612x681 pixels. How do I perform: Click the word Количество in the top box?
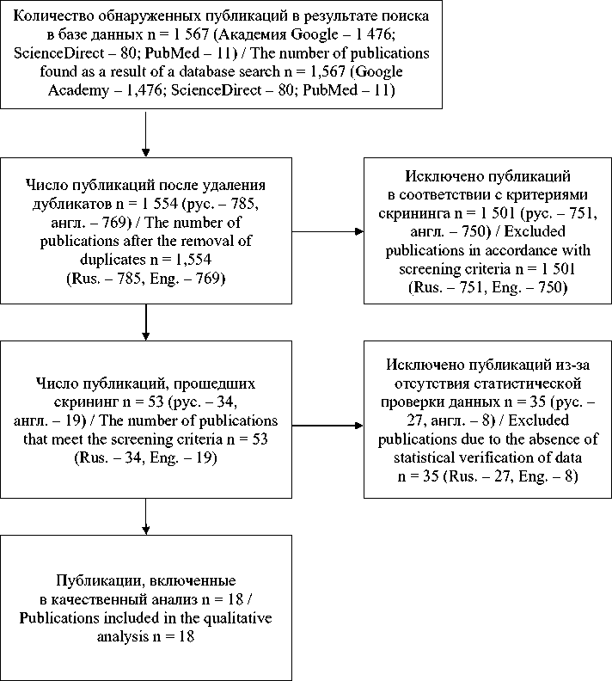click(x=56, y=16)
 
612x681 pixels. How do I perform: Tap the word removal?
click(x=198, y=242)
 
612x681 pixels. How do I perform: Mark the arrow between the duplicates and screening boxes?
click(x=146, y=322)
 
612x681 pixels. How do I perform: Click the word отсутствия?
click(x=420, y=381)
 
